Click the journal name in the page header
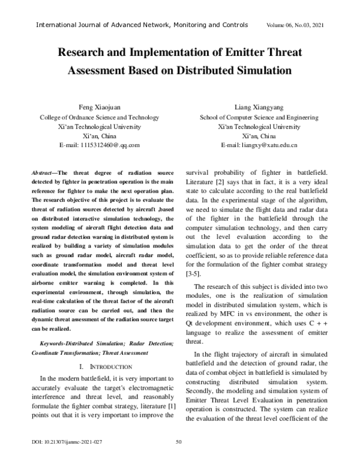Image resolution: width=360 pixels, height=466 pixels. (142, 25)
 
